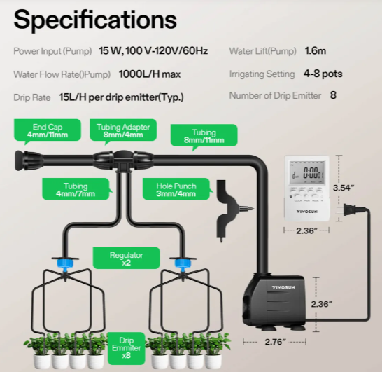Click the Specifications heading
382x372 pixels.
pos(95,20)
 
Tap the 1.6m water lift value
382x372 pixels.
pos(316,50)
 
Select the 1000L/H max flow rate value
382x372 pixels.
pos(150,74)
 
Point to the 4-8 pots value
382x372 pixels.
pos(323,74)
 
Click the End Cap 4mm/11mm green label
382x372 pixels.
pos(48,130)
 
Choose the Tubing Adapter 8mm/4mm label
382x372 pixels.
pos(123,130)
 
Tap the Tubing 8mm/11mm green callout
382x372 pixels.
pos(204,136)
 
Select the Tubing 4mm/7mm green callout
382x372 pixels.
pos(76,190)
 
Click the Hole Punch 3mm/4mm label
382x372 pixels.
pos(176,190)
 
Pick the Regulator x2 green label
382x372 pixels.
pos(126,258)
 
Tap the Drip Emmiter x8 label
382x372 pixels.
pos(126,348)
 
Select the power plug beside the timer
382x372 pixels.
pos(351,209)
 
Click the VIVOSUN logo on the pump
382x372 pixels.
pos(283,287)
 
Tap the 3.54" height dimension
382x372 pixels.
pos(343,188)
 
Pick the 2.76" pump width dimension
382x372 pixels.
pos(275,342)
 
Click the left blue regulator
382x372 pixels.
pos(64,263)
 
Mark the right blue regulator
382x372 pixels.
pos(183,263)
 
